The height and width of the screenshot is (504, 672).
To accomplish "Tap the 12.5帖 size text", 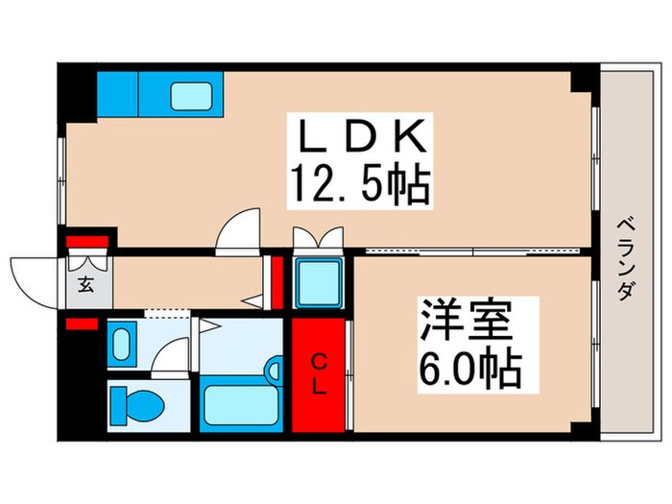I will coord(357,186).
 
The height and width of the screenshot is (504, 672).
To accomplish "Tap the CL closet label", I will coord(318,374).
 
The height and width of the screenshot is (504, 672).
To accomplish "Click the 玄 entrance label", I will coord(85,284).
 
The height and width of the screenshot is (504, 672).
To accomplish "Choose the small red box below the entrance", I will coord(81,324).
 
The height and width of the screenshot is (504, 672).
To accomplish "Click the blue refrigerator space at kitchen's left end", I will coord(118,93).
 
